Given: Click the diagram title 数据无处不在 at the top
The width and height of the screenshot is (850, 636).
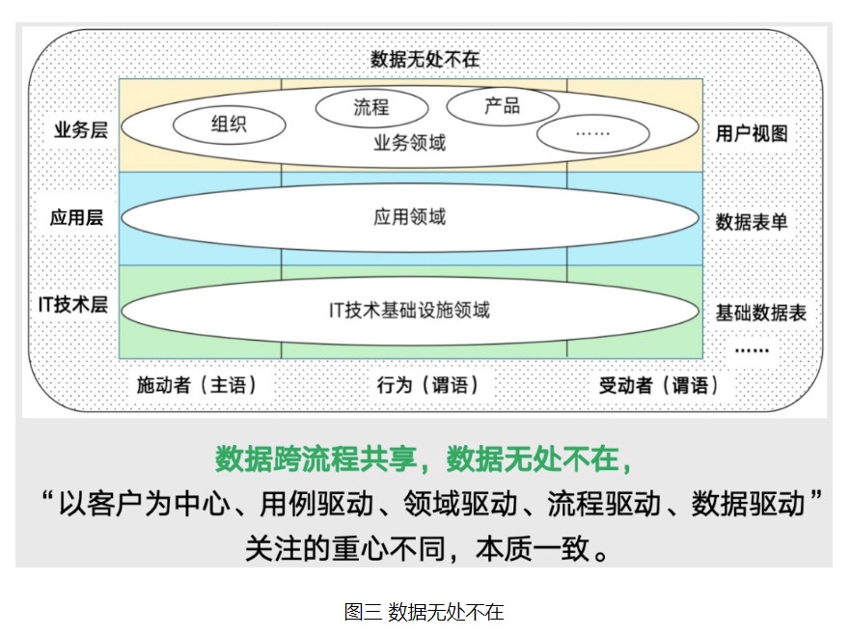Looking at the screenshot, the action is click(425, 59).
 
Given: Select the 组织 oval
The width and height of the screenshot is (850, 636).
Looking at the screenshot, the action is click(230, 124).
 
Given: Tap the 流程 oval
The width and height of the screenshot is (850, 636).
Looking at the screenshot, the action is click(371, 107).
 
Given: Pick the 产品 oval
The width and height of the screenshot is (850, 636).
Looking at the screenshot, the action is click(503, 105).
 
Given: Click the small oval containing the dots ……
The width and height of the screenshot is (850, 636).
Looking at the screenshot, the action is click(593, 133).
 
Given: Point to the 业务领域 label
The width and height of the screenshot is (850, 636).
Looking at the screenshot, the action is click(409, 143).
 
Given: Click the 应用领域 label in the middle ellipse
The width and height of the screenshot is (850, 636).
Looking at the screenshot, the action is click(409, 217).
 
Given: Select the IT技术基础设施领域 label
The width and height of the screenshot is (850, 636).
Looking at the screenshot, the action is click(409, 310).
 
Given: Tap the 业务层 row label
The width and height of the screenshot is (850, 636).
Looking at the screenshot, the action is click(81, 129).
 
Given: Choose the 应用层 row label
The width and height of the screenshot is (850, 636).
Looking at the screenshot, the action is click(76, 217).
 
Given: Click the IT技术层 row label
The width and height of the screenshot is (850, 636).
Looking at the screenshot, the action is click(72, 304).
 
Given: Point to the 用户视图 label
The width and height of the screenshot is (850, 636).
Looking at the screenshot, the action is click(752, 133).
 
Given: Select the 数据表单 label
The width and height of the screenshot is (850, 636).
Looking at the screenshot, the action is click(752, 222).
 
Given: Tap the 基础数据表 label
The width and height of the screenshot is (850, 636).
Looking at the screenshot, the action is click(760, 313).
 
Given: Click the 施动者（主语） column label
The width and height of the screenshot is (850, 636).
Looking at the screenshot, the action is click(196, 385).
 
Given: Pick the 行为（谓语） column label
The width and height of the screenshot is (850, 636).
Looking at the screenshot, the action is click(427, 385).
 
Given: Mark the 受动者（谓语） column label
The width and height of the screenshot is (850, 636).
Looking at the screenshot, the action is click(659, 385).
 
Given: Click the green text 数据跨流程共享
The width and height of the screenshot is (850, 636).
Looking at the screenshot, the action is click(315, 459).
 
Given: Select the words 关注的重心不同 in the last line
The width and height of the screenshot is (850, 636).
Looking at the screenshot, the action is click(345, 548).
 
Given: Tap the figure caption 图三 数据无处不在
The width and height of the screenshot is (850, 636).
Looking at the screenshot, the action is click(424, 612).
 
